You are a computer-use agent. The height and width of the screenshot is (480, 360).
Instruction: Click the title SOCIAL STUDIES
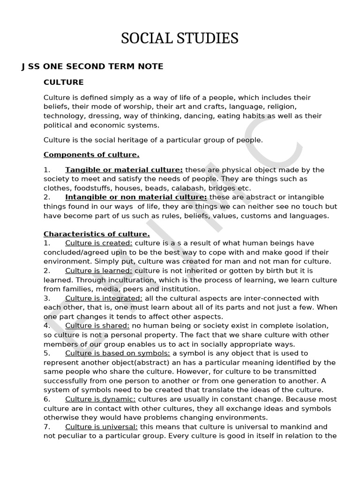(x=180, y=38)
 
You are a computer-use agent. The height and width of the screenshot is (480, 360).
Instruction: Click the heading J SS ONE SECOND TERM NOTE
(x=92, y=67)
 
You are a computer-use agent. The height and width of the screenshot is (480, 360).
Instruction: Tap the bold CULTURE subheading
(x=63, y=82)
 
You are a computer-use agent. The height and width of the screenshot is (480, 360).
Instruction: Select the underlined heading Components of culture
(x=91, y=155)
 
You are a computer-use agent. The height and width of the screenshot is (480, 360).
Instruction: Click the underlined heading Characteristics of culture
(x=97, y=234)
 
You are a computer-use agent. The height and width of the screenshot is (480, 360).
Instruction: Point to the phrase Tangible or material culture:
(x=124, y=170)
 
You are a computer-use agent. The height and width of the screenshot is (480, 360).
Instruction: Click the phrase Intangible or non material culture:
(x=136, y=197)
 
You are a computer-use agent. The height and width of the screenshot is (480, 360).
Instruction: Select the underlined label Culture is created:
(x=99, y=243)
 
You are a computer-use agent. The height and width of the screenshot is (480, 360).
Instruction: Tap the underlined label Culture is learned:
(x=99, y=271)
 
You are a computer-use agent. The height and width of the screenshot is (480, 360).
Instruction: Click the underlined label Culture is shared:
(x=97, y=326)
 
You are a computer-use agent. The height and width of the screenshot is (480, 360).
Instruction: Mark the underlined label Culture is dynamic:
(x=100, y=399)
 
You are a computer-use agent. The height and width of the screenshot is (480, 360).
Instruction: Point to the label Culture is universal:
(x=101, y=427)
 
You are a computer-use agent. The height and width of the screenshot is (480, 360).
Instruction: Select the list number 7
(x=46, y=427)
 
